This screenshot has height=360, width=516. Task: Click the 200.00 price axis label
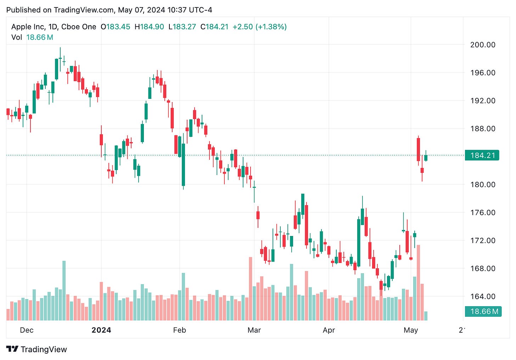(482, 45)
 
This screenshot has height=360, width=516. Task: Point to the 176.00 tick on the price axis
(482, 213)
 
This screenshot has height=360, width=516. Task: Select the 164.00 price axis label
(482, 297)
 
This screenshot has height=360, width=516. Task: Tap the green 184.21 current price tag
(482, 155)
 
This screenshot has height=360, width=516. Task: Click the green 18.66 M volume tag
(483, 311)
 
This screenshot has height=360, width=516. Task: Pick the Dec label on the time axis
(27, 330)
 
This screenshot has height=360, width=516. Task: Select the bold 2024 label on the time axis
(101, 330)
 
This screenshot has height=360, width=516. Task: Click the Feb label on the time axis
(179, 330)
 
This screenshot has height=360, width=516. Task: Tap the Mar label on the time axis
(254, 330)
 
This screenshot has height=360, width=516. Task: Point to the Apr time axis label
(329, 330)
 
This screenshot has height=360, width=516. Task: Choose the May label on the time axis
(411, 330)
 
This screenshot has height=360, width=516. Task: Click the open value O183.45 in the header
(116, 27)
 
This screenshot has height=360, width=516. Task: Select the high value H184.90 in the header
(149, 27)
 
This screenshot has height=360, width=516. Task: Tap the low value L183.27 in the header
(182, 27)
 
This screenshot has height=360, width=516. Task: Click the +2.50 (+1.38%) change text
(259, 27)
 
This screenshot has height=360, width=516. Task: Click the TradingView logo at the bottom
(37, 349)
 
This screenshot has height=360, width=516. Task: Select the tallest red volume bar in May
(419, 282)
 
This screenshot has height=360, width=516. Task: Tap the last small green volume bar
(426, 316)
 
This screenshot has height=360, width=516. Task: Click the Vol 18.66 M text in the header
(32, 37)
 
